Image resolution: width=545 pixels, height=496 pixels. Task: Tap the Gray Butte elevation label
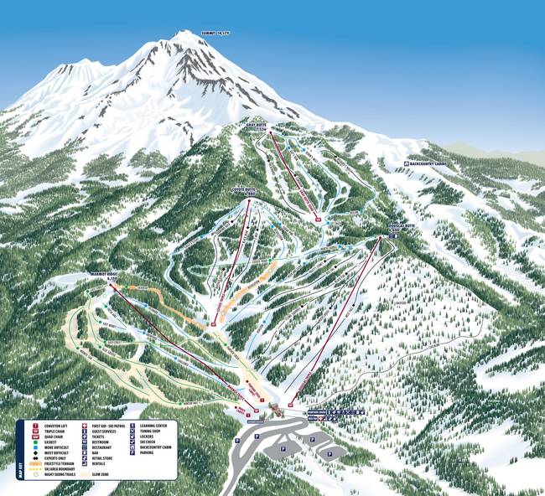point(256,127)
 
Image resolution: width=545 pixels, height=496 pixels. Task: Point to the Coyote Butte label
point(243,191)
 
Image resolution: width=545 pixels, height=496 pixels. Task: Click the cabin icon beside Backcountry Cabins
point(407,164)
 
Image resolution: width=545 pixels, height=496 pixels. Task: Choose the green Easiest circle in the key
point(35,443)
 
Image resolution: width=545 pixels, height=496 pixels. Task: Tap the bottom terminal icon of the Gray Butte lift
point(318,220)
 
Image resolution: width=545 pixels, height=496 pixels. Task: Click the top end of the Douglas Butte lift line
point(380,237)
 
